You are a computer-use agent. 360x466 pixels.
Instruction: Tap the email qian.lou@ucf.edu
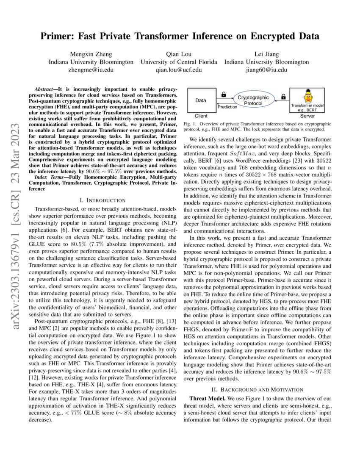[x=179, y=70]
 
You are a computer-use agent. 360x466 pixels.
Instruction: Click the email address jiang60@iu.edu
[x=266, y=70]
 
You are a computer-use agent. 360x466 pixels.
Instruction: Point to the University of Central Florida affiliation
[x=179, y=62]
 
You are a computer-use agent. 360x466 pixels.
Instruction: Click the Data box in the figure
[x=201, y=100]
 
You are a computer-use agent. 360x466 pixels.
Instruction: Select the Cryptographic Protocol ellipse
[x=253, y=100]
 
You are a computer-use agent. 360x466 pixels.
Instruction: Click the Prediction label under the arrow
[x=227, y=107]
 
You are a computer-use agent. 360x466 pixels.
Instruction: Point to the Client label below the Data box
[x=201, y=116]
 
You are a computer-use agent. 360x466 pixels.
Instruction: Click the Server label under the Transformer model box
[x=307, y=116]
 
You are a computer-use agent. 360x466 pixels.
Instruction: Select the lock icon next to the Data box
[x=224, y=94]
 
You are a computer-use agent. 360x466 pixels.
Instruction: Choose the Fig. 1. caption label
[x=190, y=124]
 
